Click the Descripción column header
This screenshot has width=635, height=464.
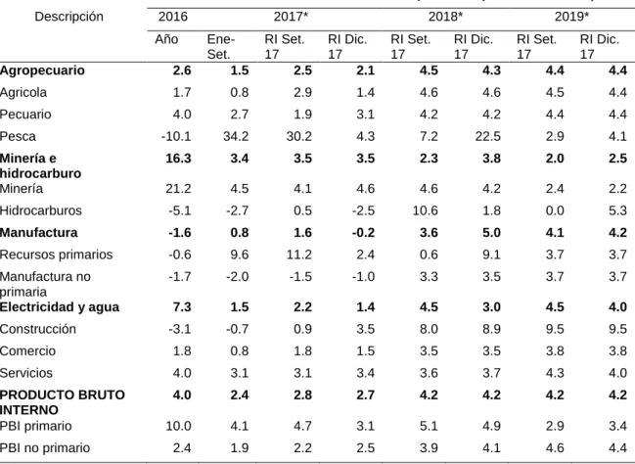coord(68,17)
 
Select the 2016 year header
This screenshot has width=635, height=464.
coord(173,17)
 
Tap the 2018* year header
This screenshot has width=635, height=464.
coord(445,17)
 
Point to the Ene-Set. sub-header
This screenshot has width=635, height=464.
coord(221,47)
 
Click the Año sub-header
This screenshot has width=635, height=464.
coord(166,39)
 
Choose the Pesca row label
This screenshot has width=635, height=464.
coord(18,136)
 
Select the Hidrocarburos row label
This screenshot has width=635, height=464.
coord(41,210)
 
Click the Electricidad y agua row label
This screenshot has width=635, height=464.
coord(60,307)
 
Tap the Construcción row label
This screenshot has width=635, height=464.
coord(38,329)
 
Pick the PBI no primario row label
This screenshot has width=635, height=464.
coord(45,448)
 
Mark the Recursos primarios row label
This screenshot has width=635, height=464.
coord(57,255)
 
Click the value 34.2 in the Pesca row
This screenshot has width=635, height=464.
coord(236,136)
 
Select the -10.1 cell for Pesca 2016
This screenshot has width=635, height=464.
coord(176,136)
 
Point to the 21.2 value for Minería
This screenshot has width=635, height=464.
coord(178,189)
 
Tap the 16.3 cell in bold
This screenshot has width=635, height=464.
coord(178,158)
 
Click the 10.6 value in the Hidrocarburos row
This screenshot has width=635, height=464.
coord(426,210)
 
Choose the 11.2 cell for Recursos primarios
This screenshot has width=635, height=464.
coord(298,255)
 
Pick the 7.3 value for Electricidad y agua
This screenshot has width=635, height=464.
coord(182,307)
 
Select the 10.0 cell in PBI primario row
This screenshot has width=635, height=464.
coord(178,427)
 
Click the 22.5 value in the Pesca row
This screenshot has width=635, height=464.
coord(488,136)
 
